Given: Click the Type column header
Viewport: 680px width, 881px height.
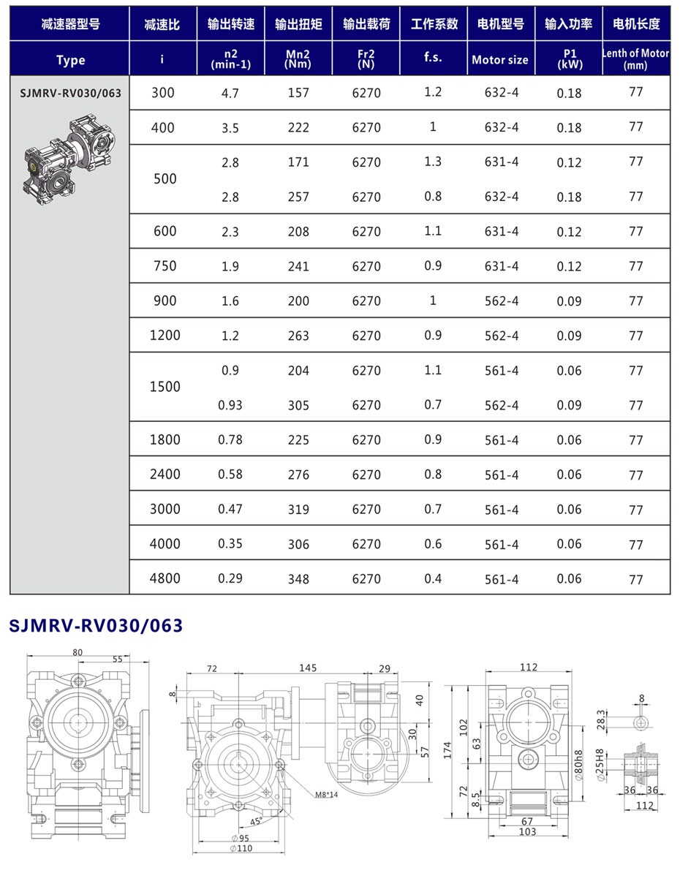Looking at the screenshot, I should (x=70, y=60).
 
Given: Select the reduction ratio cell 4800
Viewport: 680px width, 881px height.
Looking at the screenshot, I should (x=165, y=578).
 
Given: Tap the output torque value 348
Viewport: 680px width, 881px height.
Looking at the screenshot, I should (x=298, y=579).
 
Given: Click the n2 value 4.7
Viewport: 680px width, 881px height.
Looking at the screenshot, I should (x=230, y=94).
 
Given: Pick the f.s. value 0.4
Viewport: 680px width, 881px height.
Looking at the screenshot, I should (x=433, y=578).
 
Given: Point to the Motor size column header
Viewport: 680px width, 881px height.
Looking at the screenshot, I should (x=500, y=60).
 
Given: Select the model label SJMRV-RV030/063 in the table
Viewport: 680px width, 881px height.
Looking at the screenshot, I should (x=70, y=94).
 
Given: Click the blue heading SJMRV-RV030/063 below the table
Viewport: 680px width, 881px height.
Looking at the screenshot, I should (x=96, y=626).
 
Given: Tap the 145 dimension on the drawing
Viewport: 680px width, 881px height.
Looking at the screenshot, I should (x=308, y=668).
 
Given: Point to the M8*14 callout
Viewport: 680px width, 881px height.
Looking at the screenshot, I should (x=326, y=795).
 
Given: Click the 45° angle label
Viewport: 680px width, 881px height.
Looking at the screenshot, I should (x=256, y=821).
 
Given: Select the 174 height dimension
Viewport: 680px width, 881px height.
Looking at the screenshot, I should (x=447, y=749).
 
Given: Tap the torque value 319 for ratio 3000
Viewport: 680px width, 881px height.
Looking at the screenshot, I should (x=298, y=510).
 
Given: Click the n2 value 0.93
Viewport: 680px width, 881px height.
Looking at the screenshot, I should (x=230, y=405).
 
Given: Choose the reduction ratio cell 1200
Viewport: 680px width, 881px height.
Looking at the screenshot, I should (x=165, y=336).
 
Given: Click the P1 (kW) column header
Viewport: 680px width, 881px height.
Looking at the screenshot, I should (x=569, y=58).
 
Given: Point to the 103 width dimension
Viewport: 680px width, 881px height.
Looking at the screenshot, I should (x=528, y=832).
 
